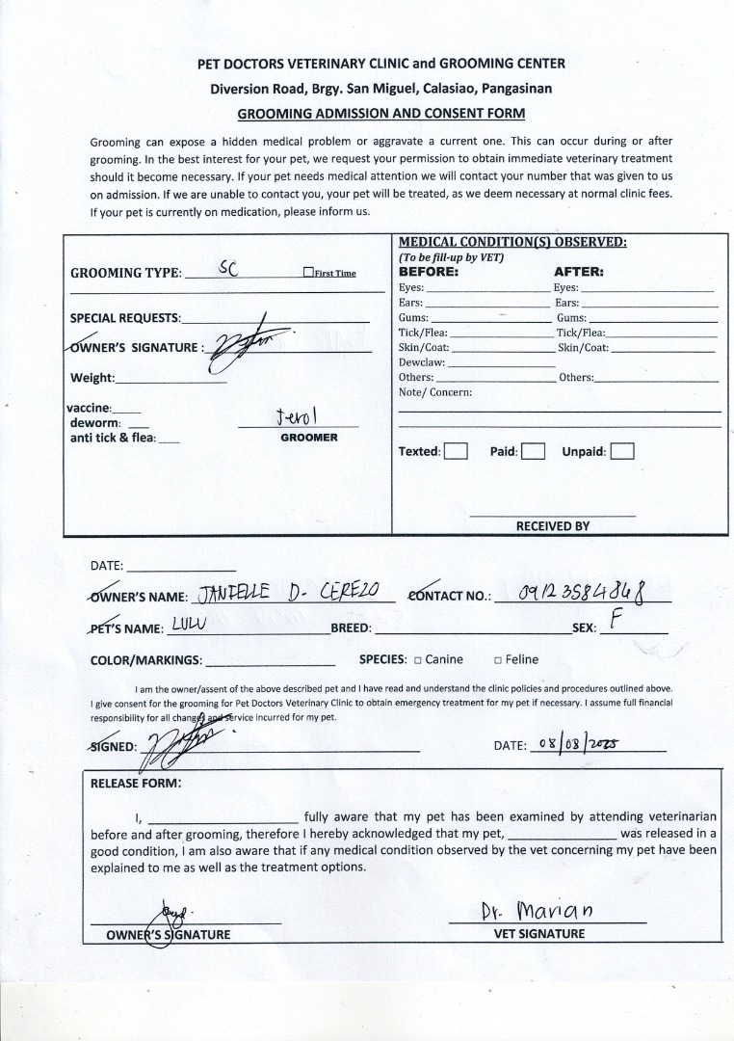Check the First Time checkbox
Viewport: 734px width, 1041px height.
point(308,273)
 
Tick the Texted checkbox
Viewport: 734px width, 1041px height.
point(456,451)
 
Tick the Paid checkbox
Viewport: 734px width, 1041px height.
point(534,451)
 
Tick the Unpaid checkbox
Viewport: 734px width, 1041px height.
point(621,451)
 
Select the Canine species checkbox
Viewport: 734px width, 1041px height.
point(418,660)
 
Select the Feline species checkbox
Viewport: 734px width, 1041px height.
point(498,660)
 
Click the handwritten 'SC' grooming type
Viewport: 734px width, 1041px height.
point(227,268)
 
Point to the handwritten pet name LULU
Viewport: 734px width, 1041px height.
point(191,624)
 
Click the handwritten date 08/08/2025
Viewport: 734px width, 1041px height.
point(578,743)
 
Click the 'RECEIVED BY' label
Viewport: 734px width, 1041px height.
point(552,526)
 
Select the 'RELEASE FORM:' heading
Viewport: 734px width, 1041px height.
point(135,783)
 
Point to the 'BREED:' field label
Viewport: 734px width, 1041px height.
point(351,628)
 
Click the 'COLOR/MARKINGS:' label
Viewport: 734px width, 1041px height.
point(145,660)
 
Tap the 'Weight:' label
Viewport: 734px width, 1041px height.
point(92,378)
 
